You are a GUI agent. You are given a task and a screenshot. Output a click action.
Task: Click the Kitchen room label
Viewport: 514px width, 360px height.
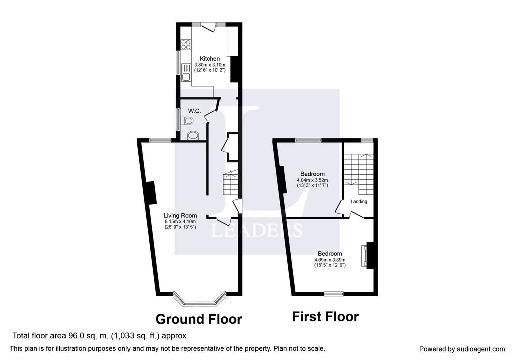(210, 59)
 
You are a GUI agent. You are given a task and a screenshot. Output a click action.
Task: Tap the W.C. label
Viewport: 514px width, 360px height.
(194, 111)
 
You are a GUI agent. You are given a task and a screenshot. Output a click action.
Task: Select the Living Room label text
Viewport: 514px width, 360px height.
(180, 216)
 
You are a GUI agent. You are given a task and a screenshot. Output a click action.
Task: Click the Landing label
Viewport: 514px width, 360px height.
(359, 202)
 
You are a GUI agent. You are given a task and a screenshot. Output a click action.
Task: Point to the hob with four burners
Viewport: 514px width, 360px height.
(186, 45)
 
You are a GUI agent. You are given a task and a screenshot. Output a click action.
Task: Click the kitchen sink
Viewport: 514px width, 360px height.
(186, 72)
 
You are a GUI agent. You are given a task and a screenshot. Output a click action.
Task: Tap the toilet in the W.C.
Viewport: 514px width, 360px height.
(187, 122)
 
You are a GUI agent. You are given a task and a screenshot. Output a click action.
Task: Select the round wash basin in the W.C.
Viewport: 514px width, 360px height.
(193, 136)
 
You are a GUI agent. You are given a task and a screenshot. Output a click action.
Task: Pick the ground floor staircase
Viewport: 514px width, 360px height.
(231, 184)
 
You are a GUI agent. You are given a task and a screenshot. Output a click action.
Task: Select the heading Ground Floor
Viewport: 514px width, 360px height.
(199, 319)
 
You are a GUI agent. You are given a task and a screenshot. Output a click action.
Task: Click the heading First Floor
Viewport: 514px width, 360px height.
(325, 317)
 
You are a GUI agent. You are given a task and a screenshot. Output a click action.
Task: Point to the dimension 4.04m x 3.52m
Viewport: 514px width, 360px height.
(312, 180)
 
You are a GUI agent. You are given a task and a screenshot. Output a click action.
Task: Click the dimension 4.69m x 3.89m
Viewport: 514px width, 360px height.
(330, 260)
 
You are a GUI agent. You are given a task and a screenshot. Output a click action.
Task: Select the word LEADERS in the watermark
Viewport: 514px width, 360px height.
(256, 230)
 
